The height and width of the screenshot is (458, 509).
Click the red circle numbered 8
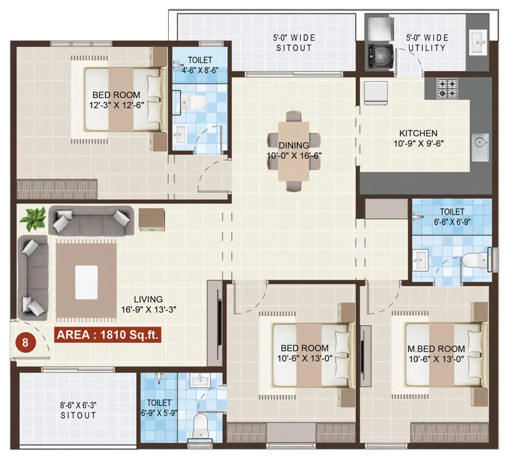pyautogui.click(x=25, y=342)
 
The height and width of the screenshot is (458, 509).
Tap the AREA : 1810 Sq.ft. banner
pyautogui.click(x=108, y=335)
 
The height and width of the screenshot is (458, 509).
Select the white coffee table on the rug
pyautogui.click(x=86, y=282)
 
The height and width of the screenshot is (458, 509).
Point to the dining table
pyautogui.click(x=294, y=151)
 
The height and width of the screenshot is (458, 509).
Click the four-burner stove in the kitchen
pyautogui.click(x=447, y=88)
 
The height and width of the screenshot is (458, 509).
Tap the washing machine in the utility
pyautogui.click(x=380, y=57)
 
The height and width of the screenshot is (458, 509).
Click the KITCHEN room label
pyautogui.click(x=418, y=133)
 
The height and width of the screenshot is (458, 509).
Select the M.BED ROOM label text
pyautogui.click(x=436, y=349)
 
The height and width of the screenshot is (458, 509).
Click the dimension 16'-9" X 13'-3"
pyautogui.click(x=149, y=309)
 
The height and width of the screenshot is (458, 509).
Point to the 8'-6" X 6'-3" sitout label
pyautogui.click(x=78, y=410)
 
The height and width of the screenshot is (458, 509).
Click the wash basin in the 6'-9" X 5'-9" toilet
pyautogui.click(x=200, y=380)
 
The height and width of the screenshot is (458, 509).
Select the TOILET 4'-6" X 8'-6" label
pyautogui.click(x=200, y=65)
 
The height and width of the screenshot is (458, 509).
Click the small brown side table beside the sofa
pyautogui.click(x=151, y=219)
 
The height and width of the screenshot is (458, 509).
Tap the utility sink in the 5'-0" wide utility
pyautogui.click(x=478, y=42)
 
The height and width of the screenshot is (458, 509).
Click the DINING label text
pyautogui.click(x=294, y=145)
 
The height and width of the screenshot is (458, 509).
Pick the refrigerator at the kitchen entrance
pyautogui.click(x=376, y=93)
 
